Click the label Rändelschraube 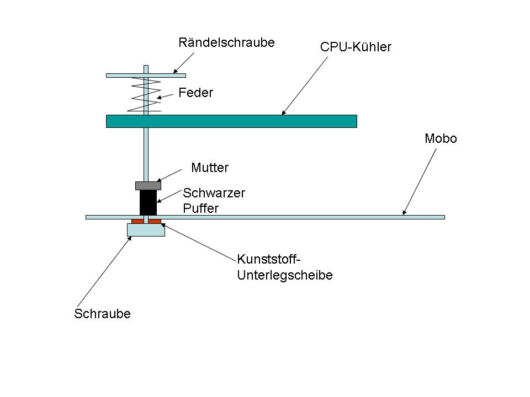[x=226, y=42]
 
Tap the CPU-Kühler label [x=356, y=47]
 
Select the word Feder [x=195, y=93]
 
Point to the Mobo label [x=441, y=138]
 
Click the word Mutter [x=210, y=168]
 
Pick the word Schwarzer [x=214, y=193]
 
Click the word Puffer [x=201, y=208]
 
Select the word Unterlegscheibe [x=285, y=275]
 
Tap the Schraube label [x=103, y=314]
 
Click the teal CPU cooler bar [x=231, y=121]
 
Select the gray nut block [x=148, y=186]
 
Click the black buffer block [x=148, y=202]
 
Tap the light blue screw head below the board [x=146, y=230]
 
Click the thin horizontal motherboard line [x=266, y=217]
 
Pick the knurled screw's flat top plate [x=146, y=76]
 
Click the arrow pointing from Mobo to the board [x=419, y=181]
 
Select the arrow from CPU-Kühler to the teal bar [x=305, y=86]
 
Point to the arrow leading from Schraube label [x=104, y=272]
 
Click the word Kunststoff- [x=269, y=259]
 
